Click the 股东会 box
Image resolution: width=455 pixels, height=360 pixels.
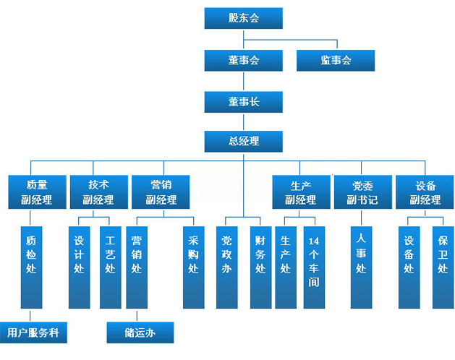coord(244,18)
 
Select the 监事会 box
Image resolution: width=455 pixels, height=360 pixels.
coord(336,60)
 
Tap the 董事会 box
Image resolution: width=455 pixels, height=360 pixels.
coord(244,60)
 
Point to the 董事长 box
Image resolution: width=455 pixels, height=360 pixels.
coord(244,102)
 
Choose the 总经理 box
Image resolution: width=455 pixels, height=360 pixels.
coord(244,142)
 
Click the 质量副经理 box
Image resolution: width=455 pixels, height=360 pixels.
coord(37,192)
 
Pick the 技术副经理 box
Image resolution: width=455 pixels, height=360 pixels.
coord(99,192)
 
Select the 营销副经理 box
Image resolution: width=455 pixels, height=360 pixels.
coord(161,192)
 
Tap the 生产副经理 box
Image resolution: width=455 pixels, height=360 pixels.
coord(301,192)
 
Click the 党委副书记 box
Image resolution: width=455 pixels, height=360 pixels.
coord(363,192)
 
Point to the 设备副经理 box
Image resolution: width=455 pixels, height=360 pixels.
coord(425,192)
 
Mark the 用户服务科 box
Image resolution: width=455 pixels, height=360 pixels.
coord(33,333)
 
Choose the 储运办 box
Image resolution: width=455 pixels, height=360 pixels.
coord(140,333)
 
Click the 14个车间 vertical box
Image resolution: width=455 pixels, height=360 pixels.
coord(314,267)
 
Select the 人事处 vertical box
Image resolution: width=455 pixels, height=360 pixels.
coord(361,267)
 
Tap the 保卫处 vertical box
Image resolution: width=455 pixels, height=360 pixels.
coord(443,267)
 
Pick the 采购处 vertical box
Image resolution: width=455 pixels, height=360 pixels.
coord(194,267)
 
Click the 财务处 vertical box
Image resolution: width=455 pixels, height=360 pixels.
coord(261,267)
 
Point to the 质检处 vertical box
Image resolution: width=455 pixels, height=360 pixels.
coord(31,267)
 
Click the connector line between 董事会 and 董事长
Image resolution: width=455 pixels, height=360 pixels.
coord(244,81)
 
